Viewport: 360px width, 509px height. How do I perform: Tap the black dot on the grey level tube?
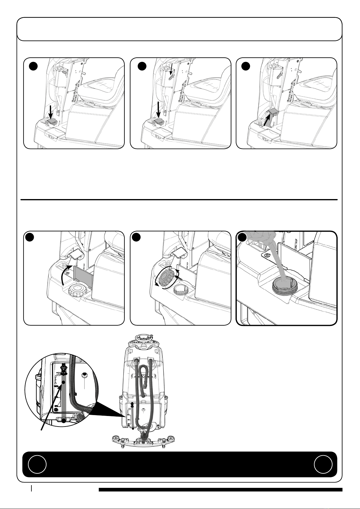(63, 382)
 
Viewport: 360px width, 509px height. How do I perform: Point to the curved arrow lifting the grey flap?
(64, 273)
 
